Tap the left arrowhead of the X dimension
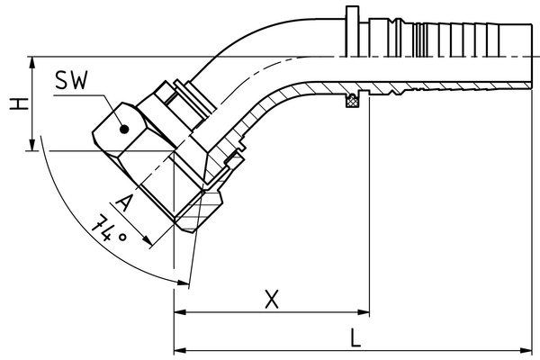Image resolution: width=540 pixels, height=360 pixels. point(179,313)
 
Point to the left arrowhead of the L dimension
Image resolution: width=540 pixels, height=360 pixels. point(179,349)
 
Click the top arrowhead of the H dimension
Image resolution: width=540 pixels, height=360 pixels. point(33,62)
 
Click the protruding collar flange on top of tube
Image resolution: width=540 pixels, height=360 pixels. point(350,28)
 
